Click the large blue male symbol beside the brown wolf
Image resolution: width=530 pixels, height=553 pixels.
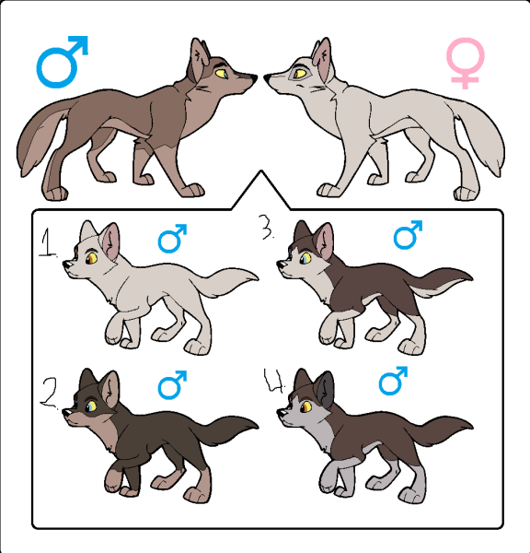(56, 71)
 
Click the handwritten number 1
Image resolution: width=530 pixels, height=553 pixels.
(48, 242)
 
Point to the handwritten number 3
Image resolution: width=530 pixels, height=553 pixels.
(267, 227)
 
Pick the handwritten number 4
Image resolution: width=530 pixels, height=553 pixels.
(274, 381)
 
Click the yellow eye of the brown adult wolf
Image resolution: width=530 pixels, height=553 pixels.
(221, 74)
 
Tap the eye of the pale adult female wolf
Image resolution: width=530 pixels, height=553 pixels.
(300, 74)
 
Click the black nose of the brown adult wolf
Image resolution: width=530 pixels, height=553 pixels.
(254, 77)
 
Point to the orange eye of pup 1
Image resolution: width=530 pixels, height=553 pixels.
(92, 258)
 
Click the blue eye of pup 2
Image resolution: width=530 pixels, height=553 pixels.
(91, 406)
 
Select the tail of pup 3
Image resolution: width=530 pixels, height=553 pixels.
(440, 281)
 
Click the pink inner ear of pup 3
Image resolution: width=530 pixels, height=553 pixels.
(325, 241)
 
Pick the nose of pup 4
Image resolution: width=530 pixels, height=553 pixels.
(281, 412)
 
